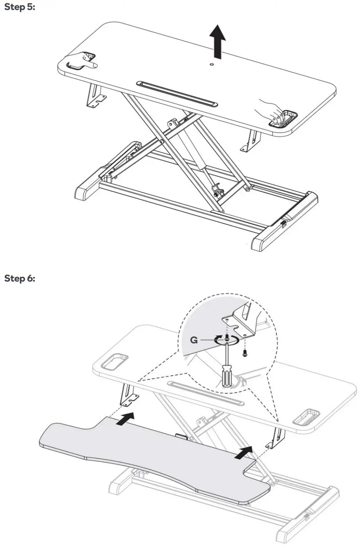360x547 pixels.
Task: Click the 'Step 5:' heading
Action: (x=19, y=8)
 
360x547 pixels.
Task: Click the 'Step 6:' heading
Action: (x=19, y=278)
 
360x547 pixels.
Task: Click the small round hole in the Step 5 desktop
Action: (x=212, y=63)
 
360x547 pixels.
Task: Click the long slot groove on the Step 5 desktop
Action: (x=177, y=93)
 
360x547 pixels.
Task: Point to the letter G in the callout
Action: (x=194, y=341)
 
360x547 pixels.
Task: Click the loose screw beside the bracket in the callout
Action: (x=245, y=352)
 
